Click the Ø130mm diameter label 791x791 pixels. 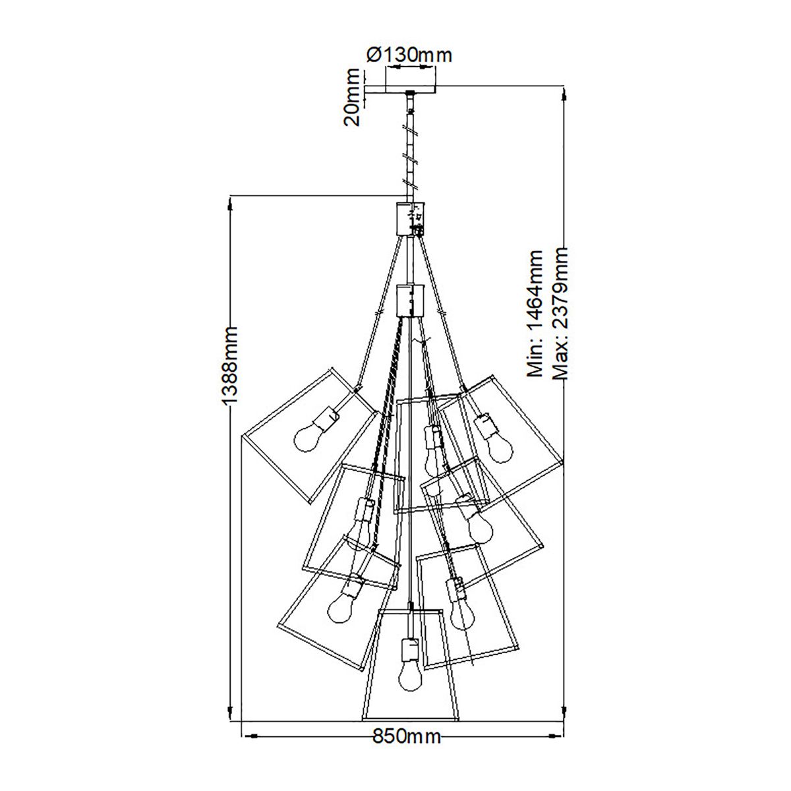pyautogui.click(x=409, y=55)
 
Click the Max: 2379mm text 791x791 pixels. pyautogui.click(x=560, y=313)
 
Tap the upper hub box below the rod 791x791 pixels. pyautogui.click(x=409, y=219)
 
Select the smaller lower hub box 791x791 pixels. pyautogui.click(x=409, y=300)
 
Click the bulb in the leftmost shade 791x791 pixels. pyautogui.click(x=307, y=438)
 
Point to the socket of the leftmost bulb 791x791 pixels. pyautogui.click(x=326, y=417)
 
